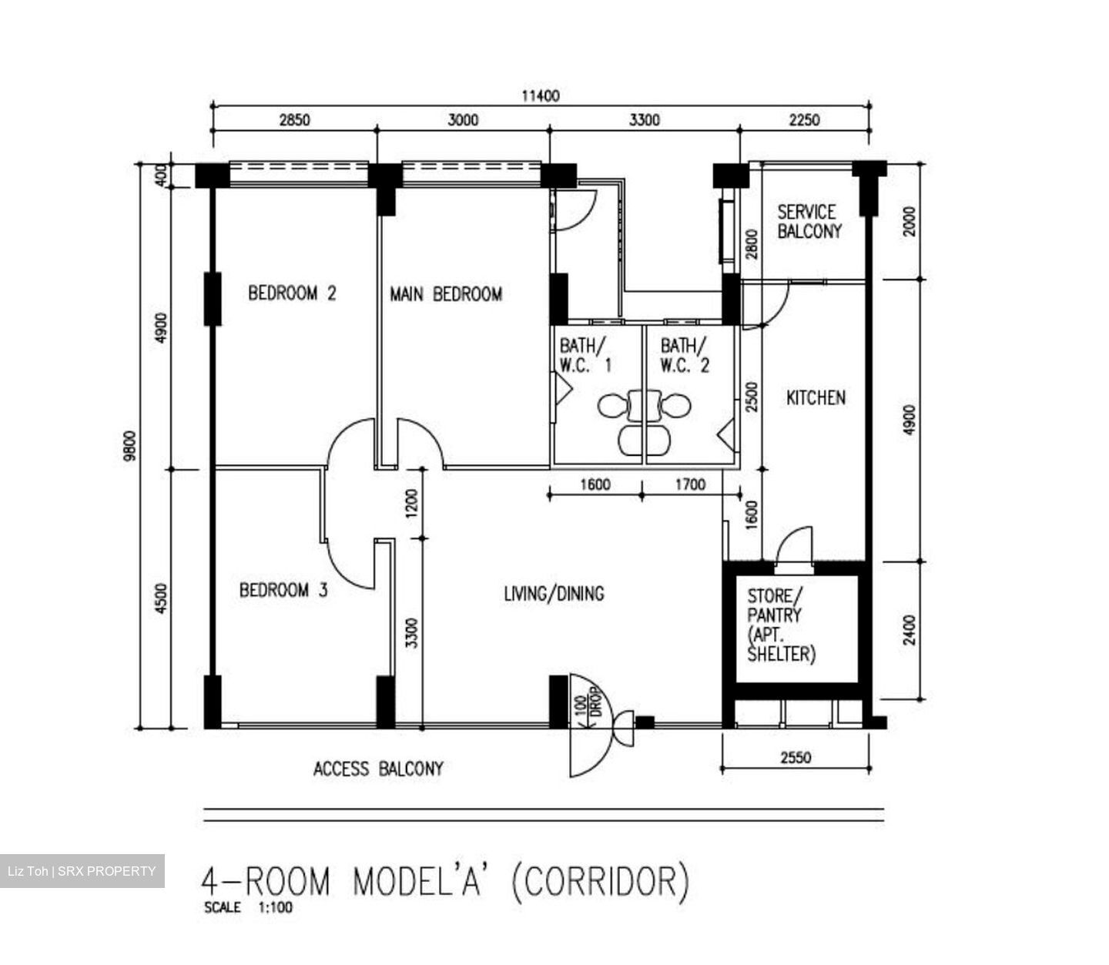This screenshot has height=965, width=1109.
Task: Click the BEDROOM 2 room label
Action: tap(292, 293)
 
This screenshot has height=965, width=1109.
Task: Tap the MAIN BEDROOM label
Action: tap(445, 294)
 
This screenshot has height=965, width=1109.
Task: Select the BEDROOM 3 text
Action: tap(283, 591)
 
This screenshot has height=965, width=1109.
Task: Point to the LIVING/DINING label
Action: tap(554, 594)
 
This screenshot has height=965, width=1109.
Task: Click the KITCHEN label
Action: tap(816, 398)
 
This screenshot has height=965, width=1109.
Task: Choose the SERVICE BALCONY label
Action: tap(809, 222)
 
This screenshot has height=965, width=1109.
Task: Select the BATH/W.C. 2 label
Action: tap(685, 355)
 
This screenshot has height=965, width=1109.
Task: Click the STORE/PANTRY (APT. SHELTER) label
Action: tap(781, 625)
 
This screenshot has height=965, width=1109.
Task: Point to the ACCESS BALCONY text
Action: tap(378, 769)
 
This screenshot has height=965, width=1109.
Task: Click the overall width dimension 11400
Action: tap(541, 96)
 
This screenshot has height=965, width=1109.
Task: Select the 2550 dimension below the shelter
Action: tap(796, 758)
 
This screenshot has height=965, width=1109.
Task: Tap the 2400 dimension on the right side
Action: tap(910, 630)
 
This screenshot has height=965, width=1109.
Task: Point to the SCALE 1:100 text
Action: tap(248, 908)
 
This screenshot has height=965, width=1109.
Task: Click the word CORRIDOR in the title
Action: tap(601, 883)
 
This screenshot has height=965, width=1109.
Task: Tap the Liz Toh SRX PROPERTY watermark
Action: tap(82, 871)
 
